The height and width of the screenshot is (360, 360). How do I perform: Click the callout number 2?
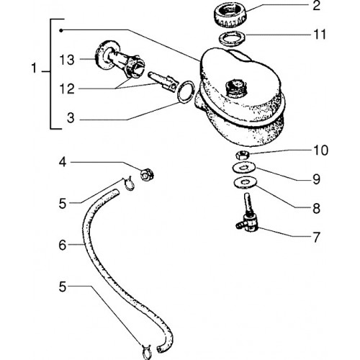point(316,5)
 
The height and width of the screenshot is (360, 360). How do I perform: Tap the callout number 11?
point(320,35)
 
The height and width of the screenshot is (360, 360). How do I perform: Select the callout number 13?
point(67,60)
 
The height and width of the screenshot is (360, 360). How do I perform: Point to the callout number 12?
point(67,89)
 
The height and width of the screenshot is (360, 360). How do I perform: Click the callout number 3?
point(71,118)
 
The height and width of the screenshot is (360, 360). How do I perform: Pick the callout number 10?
point(320,150)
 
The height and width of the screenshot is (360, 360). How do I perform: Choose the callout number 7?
point(316,237)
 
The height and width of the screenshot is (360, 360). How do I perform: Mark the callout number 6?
point(63,245)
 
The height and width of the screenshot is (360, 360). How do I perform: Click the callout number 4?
point(63,163)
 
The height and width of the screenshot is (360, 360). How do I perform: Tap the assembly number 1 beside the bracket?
point(35,68)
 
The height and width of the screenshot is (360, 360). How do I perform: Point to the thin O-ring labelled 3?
point(185,92)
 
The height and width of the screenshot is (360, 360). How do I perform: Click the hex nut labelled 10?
point(242,155)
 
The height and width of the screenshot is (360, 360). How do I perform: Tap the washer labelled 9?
point(243,167)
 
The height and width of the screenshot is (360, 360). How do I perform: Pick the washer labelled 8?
point(246,183)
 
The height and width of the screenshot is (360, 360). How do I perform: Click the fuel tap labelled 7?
point(247,214)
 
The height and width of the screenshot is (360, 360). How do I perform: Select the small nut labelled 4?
point(147,174)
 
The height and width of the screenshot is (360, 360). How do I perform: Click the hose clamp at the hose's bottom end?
point(147,352)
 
